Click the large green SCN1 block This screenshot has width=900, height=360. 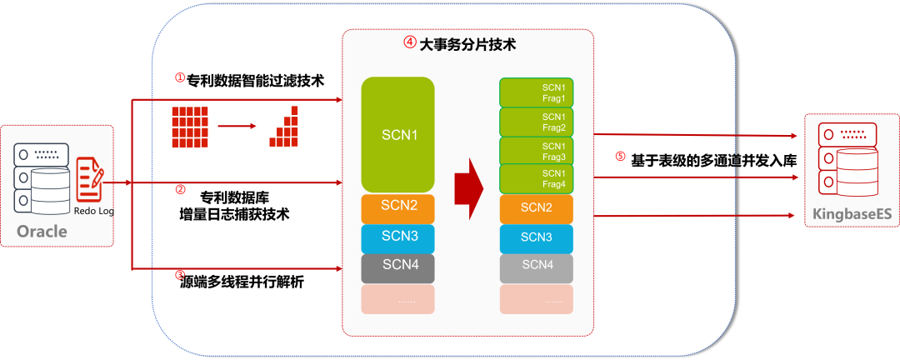point(397,134)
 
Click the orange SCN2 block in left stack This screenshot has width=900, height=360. point(397,207)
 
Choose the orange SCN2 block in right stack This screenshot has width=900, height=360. point(536,207)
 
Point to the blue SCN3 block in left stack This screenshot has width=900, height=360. point(397,237)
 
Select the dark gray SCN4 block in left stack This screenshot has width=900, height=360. point(397,267)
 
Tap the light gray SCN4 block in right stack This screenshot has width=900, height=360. point(536,267)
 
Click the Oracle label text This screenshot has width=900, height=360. point(42,231)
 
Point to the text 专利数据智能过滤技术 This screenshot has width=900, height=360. point(255,81)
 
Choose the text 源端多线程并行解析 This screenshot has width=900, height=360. point(242,282)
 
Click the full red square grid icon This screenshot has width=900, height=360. point(189,127)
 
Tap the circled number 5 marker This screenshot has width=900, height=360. point(619,157)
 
